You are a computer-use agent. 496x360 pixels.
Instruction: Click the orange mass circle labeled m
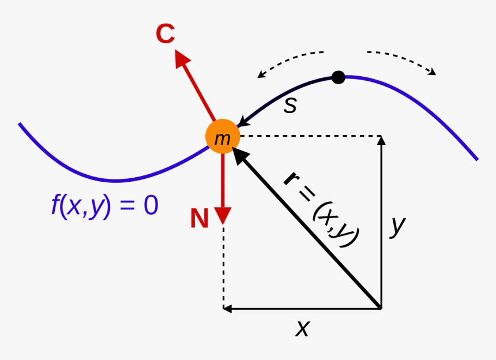tap(222, 137)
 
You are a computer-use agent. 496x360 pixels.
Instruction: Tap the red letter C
tap(166, 35)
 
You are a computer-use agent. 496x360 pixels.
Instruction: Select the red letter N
tap(200, 219)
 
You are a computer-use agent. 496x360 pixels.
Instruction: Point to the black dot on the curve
tap(339, 77)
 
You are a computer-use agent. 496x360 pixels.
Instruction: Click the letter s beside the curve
tap(290, 105)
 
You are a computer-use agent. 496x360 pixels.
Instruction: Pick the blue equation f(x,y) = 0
tap(104, 206)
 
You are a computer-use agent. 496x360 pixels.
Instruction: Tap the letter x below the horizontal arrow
tap(302, 328)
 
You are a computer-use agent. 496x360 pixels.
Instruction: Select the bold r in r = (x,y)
tap(292, 178)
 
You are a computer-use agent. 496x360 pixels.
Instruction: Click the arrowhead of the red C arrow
tap(182, 58)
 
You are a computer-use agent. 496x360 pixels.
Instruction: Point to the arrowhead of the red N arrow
tap(223, 216)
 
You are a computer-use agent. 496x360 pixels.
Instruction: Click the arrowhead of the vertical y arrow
tap(381, 140)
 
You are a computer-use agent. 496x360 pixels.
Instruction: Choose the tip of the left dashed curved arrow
tap(261, 75)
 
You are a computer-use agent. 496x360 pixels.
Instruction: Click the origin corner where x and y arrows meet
tap(381, 309)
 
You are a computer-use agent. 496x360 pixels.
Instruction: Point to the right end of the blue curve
tap(477, 159)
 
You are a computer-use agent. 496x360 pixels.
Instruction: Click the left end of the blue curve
tap(20, 123)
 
